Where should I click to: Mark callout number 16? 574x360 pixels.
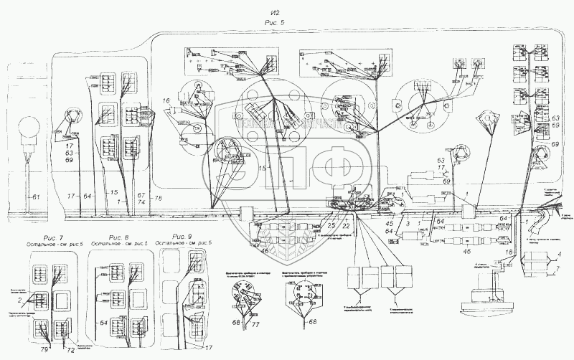[x=166, y=102]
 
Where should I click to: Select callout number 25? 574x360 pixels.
[x=331, y=226]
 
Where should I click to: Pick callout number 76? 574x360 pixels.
[x=159, y=197]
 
